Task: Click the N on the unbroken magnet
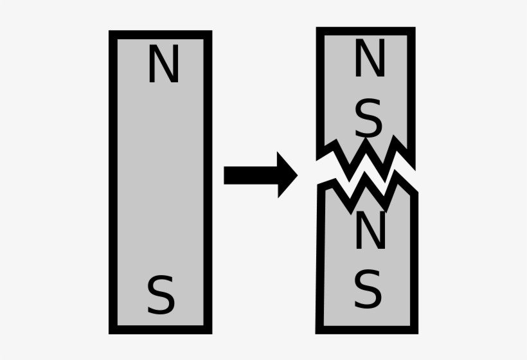coord(164,64)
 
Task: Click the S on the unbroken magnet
coord(161,295)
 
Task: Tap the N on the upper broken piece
coord(370,57)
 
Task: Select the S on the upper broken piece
coord(368,118)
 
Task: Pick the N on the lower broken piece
coord(370,230)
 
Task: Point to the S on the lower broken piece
coord(368,289)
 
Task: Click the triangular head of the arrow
coord(287,175)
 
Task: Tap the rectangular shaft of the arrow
coord(251,175)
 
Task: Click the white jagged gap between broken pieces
coord(366,172)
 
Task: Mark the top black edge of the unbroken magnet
coord(160,35)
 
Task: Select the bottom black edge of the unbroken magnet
coord(160,330)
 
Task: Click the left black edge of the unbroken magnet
coord(113,182)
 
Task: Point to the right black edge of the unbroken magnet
coord(208,182)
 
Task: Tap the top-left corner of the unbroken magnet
coord(109,31)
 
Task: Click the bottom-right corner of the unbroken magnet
coord(212,334)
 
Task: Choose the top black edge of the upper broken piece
coord(366,32)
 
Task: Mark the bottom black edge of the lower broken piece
coord(367,330)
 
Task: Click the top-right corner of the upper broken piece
coord(415,27)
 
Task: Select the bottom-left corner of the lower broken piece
coord(316,334)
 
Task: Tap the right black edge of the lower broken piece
coord(414,262)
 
